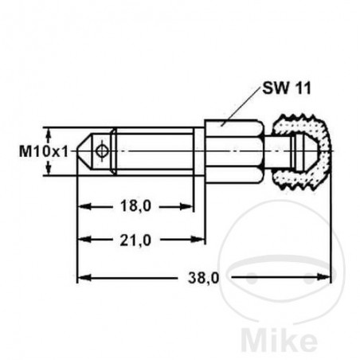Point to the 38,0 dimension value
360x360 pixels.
(x=204, y=277)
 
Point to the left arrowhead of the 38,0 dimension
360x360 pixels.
(x=84, y=277)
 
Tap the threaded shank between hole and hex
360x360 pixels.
(x=151, y=151)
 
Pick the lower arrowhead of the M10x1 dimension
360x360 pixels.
(x=51, y=170)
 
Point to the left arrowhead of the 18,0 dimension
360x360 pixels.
(x=84, y=205)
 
